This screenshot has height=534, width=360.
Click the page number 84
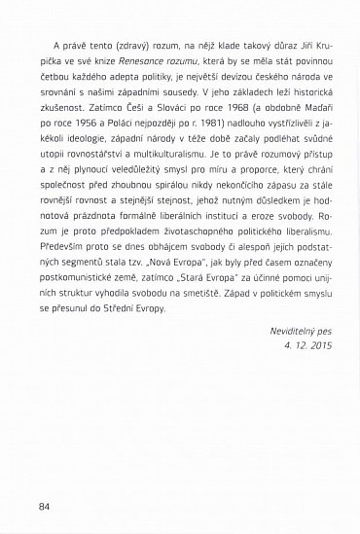point(44,506)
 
